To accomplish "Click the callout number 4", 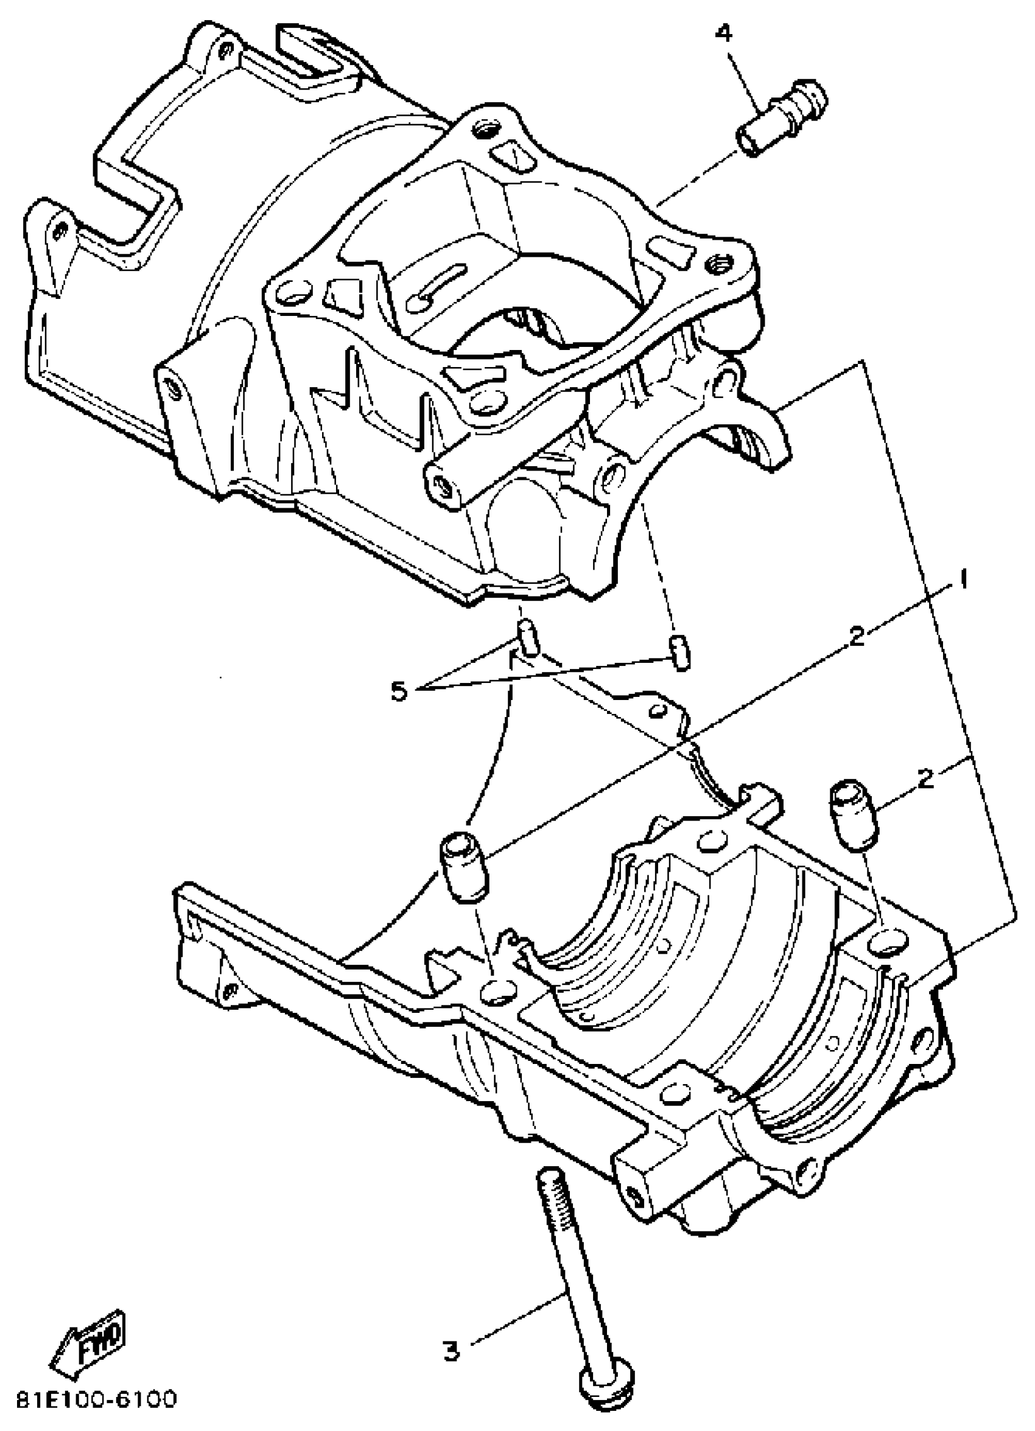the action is coord(724,33).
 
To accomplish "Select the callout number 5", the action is coord(398,691).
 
